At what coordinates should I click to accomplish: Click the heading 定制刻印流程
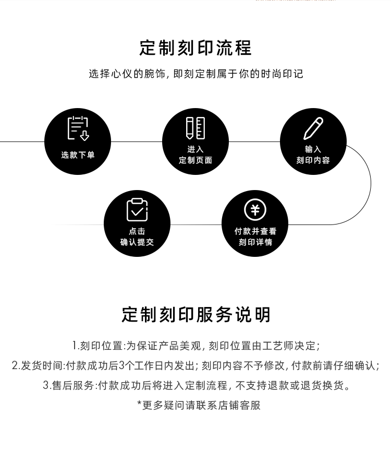click(195, 48)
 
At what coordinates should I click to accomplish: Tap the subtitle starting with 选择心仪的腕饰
click(195, 74)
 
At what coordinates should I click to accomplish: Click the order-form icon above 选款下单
click(78, 128)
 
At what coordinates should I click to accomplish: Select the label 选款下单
click(78, 155)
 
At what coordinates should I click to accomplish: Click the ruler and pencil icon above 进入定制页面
click(195, 128)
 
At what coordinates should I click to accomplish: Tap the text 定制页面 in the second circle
click(195, 160)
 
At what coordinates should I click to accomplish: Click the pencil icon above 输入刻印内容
click(313, 128)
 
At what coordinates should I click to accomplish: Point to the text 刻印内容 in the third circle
click(313, 160)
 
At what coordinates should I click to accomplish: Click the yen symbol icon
click(255, 210)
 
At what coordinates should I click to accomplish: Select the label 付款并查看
click(255, 231)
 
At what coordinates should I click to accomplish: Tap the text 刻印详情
click(255, 242)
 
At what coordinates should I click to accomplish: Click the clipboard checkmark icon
click(137, 209)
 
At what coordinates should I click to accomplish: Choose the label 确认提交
click(137, 242)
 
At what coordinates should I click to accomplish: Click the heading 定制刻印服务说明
click(195, 315)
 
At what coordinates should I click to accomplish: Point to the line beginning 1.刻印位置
click(195, 346)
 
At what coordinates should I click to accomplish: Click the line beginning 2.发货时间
click(195, 365)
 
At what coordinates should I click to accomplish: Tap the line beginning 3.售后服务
click(195, 385)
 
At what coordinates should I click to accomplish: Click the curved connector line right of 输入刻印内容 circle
click(371, 183)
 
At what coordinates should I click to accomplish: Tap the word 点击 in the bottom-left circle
click(137, 231)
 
